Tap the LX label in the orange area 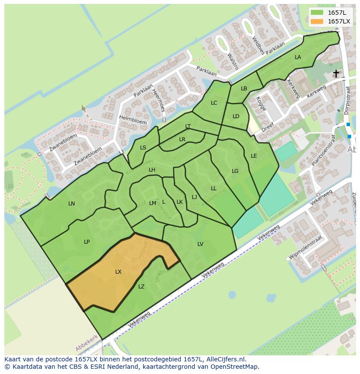(118, 272)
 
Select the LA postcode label (298, 57)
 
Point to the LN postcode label (72, 203)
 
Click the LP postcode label (87, 242)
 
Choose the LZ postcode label (141, 287)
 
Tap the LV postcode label (200, 244)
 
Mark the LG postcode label (235, 171)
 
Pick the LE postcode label (254, 156)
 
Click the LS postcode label (143, 148)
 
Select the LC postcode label (214, 103)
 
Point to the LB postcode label (244, 89)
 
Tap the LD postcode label (236, 116)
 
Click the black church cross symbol (336, 73)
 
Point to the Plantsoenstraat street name (324, 152)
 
